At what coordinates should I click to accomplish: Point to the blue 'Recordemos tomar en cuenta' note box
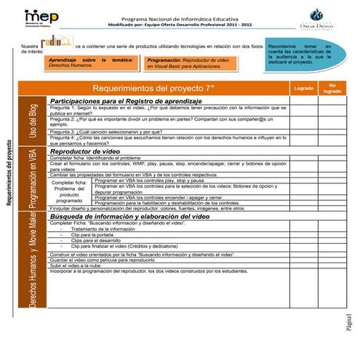pyautogui.click(x=299, y=54)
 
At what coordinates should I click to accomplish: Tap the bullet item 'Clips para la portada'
pyautogui.click(x=95, y=235)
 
